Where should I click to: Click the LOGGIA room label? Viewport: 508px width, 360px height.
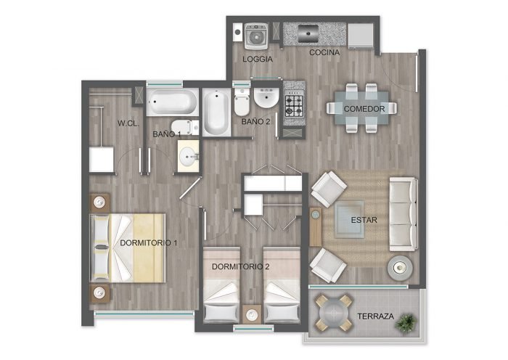coord(258,59)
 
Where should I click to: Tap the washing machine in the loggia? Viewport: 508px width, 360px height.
coord(256,36)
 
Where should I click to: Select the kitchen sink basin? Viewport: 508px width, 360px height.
coord(308,33)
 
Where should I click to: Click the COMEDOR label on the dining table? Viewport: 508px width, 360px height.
coord(364,109)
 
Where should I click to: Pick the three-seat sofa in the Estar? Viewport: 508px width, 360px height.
coord(403,214)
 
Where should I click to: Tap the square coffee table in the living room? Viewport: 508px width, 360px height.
coord(349,220)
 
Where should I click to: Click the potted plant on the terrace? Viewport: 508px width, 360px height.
coord(406,323)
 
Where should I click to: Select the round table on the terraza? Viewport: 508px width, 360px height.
coord(334,313)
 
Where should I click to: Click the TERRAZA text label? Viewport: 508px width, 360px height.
coord(375,316)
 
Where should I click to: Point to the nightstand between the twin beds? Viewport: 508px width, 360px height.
coord(252,314)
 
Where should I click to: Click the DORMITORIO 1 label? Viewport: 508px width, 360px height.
coord(148,242)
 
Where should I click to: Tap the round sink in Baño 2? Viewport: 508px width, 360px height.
coord(266,97)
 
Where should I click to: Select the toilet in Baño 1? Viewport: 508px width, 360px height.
coord(184,127)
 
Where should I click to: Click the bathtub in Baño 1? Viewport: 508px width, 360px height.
coord(172,102)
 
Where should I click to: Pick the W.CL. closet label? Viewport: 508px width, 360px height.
coord(128,123)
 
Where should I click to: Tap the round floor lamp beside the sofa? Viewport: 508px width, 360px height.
coord(400,268)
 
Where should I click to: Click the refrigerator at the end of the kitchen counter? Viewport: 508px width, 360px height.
coord(361,36)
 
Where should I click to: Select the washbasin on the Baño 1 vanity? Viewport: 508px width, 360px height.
coord(188,157)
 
